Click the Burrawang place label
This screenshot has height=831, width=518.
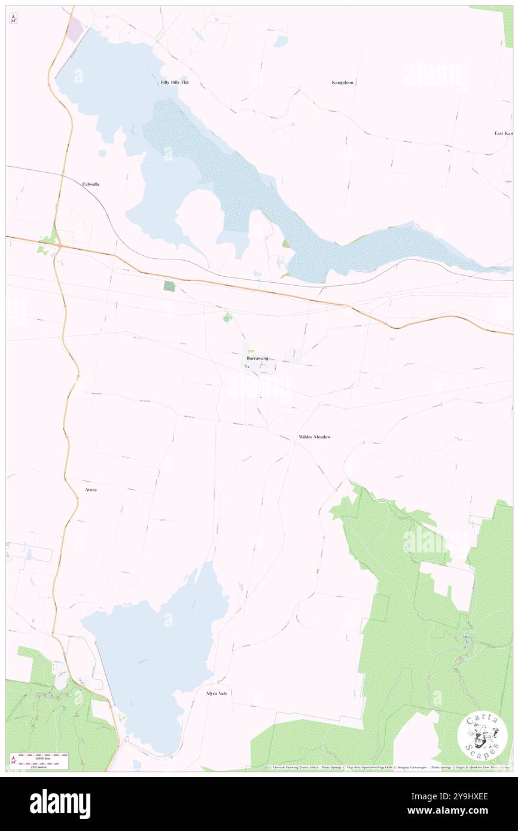coord(257,358)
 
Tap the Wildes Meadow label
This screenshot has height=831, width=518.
coord(314,437)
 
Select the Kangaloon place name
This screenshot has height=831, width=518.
coord(344,82)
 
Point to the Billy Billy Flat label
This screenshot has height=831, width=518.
coord(174,82)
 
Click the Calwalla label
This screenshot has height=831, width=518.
coord(91,184)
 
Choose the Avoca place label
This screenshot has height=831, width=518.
coord(90,490)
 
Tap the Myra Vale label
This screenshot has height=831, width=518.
coord(217,693)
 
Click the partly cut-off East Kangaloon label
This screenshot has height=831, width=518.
coord(503,133)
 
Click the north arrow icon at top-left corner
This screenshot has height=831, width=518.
coord(13,19)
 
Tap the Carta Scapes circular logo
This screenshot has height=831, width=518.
coord(482,736)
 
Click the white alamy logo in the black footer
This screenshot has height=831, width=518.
coord(60,804)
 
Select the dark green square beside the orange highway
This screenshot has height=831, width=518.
coord(170,286)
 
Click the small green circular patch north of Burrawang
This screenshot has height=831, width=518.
coord(226,317)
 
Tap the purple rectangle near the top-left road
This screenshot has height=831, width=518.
coord(75,30)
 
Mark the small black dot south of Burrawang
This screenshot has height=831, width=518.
coord(261,396)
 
